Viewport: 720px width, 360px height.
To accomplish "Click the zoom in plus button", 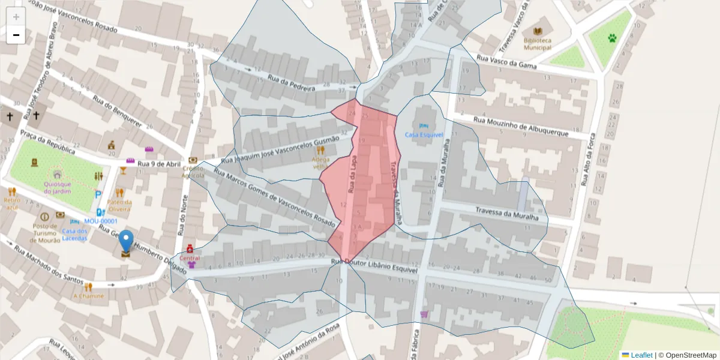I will pyautogui.click(x=16, y=17).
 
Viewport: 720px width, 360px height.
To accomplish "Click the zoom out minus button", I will pyautogui.click(x=16, y=35).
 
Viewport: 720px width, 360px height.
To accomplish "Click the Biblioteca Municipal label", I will pyautogui.click(x=537, y=44).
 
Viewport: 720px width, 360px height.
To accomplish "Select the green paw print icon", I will pyautogui.click(x=611, y=38).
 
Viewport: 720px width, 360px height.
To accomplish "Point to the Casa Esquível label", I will pyautogui.click(x=424, y=134).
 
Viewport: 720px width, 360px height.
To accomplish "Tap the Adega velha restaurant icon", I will pyautogui.click(x=320, y=151).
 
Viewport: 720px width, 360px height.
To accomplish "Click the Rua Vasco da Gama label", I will pyautogui.click(x=506, y=61).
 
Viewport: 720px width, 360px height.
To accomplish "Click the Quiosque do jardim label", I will pyautogui.click(x=58, y=187).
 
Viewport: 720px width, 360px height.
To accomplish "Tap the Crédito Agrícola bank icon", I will pyautogui.click(x=193, y=160).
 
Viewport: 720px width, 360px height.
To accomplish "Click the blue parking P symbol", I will pyautogui.click(x=98, y=194).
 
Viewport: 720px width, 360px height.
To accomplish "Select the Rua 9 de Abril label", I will pyautogui.click(x=159, y=164).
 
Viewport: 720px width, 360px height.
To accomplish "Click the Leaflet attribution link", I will pyautogui.click(x=641, y=355).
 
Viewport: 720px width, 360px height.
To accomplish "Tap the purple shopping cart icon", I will pyautogui.click(x=424, y=313).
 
